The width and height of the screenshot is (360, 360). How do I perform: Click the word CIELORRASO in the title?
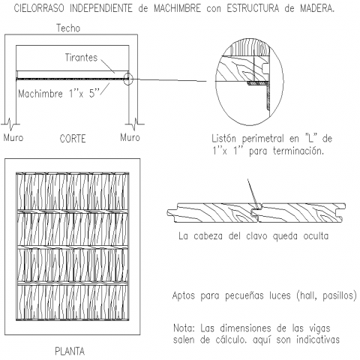tap(39, 8)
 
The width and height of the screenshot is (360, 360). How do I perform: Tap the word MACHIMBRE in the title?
tap(177, 8)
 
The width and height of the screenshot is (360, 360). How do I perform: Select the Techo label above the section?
tap(68, 28)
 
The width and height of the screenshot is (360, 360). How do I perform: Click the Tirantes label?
tap(81, 58)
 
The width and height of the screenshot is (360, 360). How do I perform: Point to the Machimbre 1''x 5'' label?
tap(59, 94)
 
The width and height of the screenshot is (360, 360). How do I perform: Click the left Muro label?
tap(13, 137)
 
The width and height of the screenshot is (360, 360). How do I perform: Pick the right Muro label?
tap(130, 137)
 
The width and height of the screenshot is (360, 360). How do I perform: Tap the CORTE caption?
tap(73, 139)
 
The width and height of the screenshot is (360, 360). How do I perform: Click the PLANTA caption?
tap(70, 351)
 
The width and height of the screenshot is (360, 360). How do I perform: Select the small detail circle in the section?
tap(127, 73)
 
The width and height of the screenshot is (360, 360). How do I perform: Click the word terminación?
tap(298, 151)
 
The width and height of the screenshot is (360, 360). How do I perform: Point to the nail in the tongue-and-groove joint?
tap(253, 193)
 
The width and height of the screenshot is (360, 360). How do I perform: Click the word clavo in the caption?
tap(256, 236)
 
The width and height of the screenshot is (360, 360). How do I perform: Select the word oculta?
tap(316, 236)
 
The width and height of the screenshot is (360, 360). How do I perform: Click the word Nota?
tap(184, 328)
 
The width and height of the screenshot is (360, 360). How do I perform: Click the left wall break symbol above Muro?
tap(10, 124)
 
